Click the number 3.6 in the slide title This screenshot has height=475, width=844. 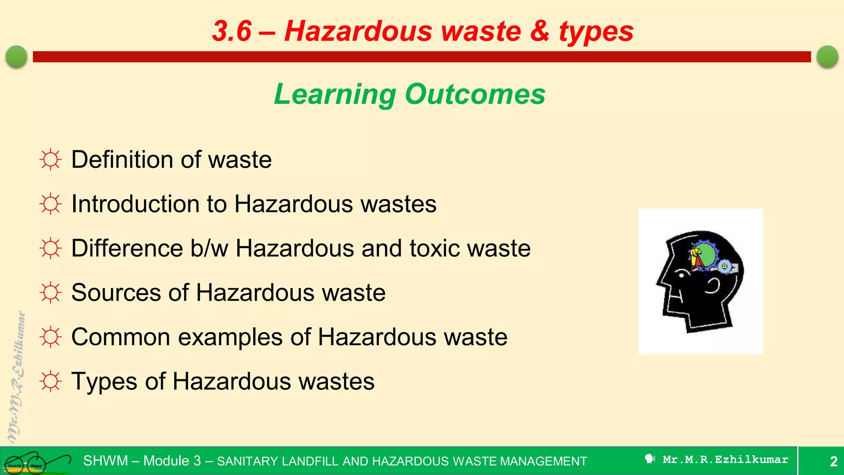coord(232,31)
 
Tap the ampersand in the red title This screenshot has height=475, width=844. coord(539,31)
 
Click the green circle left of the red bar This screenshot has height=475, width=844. coord(16,56)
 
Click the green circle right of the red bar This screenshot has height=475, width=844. coord(827,56)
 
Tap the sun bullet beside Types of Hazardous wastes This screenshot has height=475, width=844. coord(51,381)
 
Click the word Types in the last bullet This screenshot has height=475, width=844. coord(104,382)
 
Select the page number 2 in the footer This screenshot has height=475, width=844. coord(833,461)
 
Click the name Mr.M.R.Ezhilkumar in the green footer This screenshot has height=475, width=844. coord(725,460)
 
